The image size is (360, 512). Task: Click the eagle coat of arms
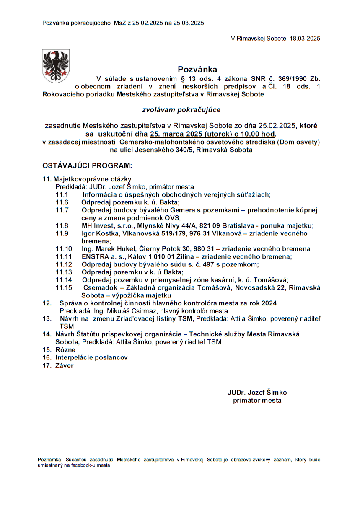tap(56, 65)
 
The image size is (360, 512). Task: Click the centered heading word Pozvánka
tap(197, 69)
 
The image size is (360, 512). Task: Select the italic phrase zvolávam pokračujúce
tap(181, 110)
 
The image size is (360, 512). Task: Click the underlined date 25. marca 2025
tap(176, 134)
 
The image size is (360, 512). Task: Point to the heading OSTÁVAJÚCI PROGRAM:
tap(87, 165)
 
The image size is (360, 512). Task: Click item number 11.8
tap(62, 225)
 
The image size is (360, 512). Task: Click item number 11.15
tap(64, 287)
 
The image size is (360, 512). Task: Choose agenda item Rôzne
tap(65, 349)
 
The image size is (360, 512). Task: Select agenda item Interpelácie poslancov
tap(91, 357)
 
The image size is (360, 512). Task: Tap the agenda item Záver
tap(64, 365)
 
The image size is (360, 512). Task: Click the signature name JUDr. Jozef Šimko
tap(257, 393)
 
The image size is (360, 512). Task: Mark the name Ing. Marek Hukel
tap(106, 248)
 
